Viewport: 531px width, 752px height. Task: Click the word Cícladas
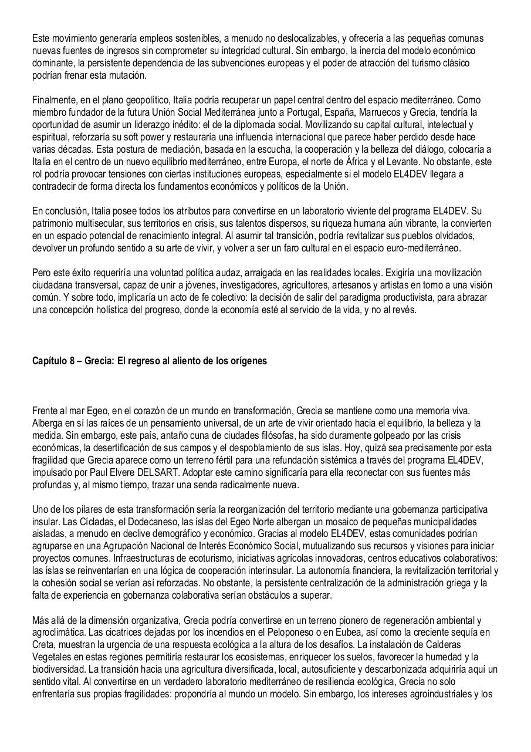(x=92, y=522)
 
